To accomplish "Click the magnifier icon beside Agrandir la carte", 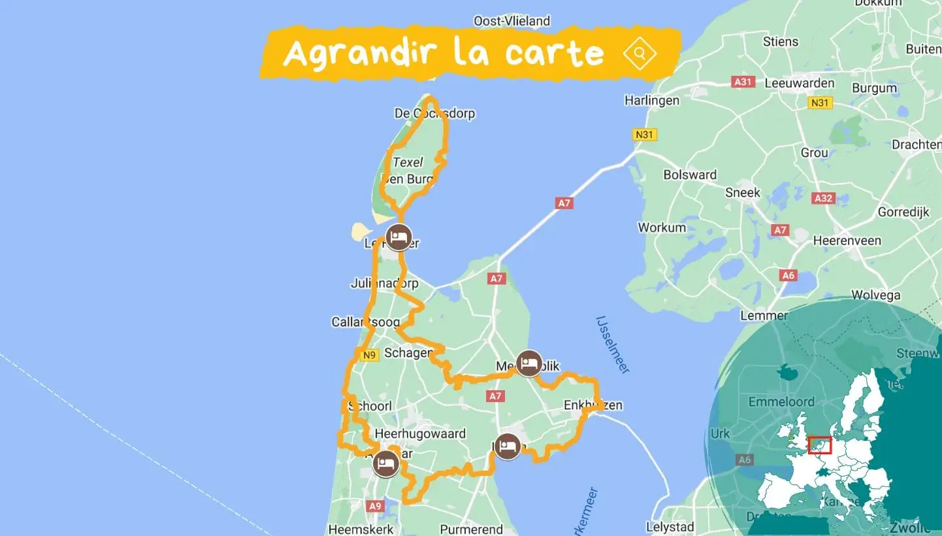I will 640,53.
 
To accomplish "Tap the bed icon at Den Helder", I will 398,237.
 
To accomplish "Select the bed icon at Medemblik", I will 528,363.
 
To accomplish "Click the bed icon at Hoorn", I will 507,447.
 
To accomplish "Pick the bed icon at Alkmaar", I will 386,464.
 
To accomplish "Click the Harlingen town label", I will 652,101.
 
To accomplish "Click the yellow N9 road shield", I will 369,355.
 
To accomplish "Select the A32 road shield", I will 823,197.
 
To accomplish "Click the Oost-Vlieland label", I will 512,21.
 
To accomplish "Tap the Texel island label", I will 408,162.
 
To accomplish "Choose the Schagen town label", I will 408,353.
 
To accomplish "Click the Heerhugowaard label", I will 420,434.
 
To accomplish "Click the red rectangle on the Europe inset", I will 820,445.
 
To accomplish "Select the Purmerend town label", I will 472,529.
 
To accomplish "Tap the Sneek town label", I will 743,192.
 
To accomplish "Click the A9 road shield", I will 375,506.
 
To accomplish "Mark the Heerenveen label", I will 847,241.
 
